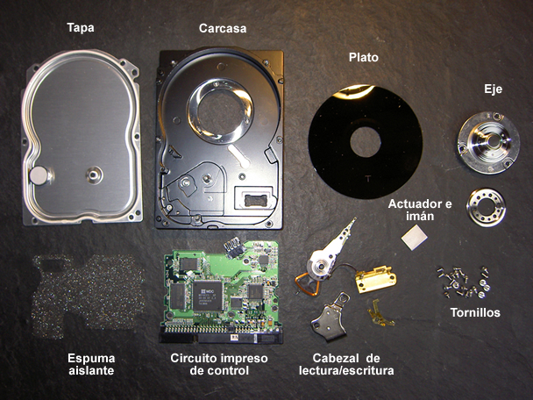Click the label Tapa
click(81, 27)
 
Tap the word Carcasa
click(223, 28)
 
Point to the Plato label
click(364, 57)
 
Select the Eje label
click(493, 89)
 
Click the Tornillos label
click(475, 312)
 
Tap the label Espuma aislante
click(91, 364)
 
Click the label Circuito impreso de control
click(219, 364)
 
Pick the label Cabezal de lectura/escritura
click(346, 364)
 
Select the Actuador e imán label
click(420, 210)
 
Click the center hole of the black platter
click(366, 142)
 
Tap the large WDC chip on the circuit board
click(208, 296)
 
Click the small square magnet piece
click(414, 237)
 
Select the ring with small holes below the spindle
click(486, 207)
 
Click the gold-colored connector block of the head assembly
click(375, 279)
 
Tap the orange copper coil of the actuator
click(308, 283)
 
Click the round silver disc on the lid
click(39, 175)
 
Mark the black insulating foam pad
click(87, 296)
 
